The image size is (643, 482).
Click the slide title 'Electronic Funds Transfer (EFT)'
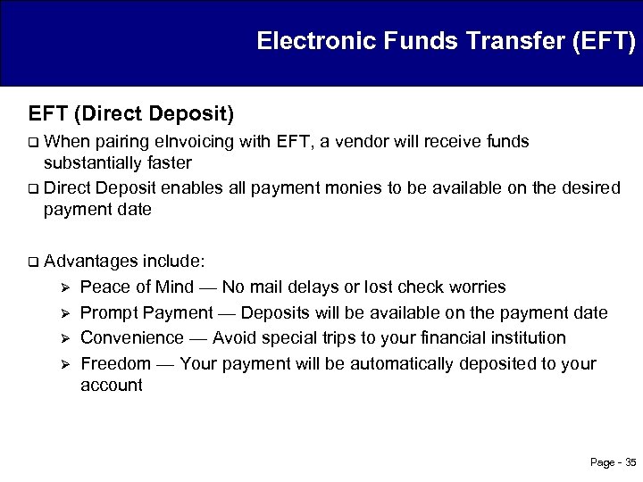(446, 41)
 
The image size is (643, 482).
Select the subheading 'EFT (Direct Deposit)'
(131, 114)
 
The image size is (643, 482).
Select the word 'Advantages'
(91, 262)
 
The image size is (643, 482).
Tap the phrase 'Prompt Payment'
(146, 312)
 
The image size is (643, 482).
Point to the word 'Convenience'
(130, 337)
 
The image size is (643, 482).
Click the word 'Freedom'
(115, 363)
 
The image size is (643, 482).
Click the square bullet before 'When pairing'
(33, 142)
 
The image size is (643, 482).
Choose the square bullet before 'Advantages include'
(33, 262)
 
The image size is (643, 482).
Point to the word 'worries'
(477, 287)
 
